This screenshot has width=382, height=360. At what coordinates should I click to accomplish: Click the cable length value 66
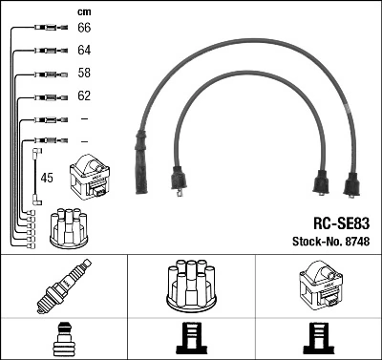(x=84, y=28)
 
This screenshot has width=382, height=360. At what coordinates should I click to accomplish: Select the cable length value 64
(x=84, y=50)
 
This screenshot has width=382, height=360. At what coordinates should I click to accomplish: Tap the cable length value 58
(x=84, y=73)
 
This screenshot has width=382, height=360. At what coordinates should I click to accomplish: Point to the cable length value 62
(x=84, y=95)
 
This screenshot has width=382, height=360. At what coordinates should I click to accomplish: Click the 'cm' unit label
(x=84, y=11)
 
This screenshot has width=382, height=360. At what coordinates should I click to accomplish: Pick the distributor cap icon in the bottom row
(x=190, y=286)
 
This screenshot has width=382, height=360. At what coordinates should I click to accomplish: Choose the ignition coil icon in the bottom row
(x=317, y=285)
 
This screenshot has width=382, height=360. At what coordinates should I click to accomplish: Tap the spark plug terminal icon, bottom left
(x=63, y=340)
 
